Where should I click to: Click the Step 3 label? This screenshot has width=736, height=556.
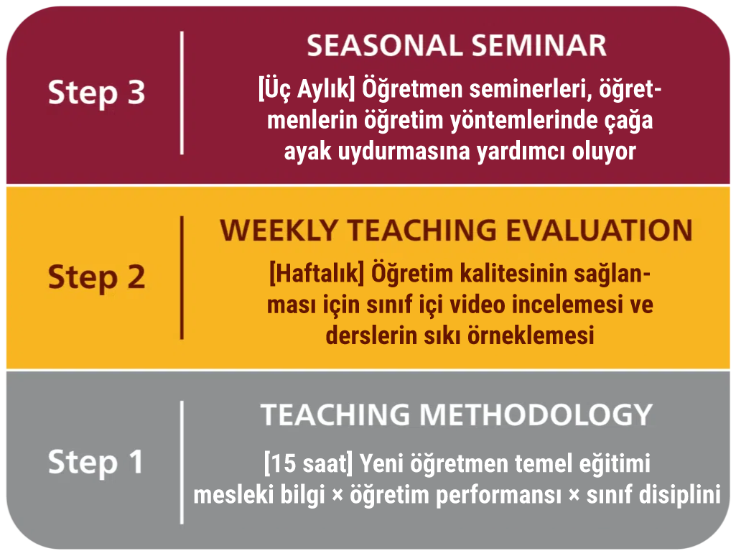pyautogui.click(x=97, y=93)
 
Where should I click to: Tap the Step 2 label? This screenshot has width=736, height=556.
pyautogui.click(x=97, y=277)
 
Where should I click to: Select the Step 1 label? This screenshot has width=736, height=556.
pyautogui.click(x=96, y=463)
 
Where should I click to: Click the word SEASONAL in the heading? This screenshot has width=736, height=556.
pyautogui.click(x=384, y=45)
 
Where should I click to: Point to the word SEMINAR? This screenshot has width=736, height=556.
pyautogui.click(x=539, y=45)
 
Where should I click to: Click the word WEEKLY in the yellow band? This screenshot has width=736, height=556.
pyautogui.click(x=279, y=230)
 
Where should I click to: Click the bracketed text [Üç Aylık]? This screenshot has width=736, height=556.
pyautogui.click(x=307, y=89)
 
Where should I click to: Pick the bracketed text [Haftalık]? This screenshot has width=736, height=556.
pyautogui.click(x=317, y=274)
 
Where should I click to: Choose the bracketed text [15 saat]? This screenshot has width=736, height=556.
pyautogui.click(x=308, y=463)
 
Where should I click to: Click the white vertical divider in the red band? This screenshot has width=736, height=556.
pyautogui.click(x=182, y=93)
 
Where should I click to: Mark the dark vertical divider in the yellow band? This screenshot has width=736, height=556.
pyautogui.click(x=182, y=277)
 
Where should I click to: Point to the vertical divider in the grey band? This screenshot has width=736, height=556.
pyautogui.click(x=182, y=463)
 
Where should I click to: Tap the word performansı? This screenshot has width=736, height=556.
pyautogui.click(x=498, y=496)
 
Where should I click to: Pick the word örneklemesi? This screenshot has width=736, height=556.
pyautogui.click(x=531, y=335)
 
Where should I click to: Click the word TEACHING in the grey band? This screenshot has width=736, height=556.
pyautogui.click(x=335, y=414)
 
